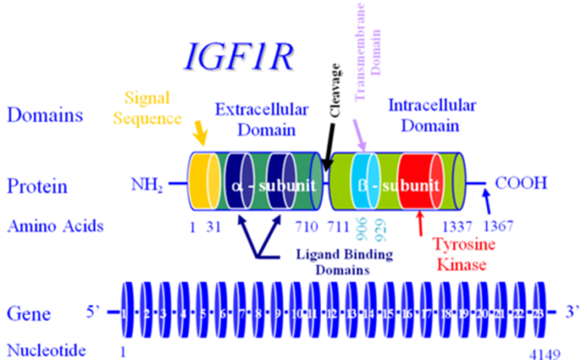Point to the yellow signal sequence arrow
[x=199, y=136]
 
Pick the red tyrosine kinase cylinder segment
[x=419, y=183]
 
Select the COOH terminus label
[x=521, y=184]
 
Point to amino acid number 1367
[x=498, y=225]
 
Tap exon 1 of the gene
[x=125, y=313]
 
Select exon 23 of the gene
[x=538, y=313]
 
